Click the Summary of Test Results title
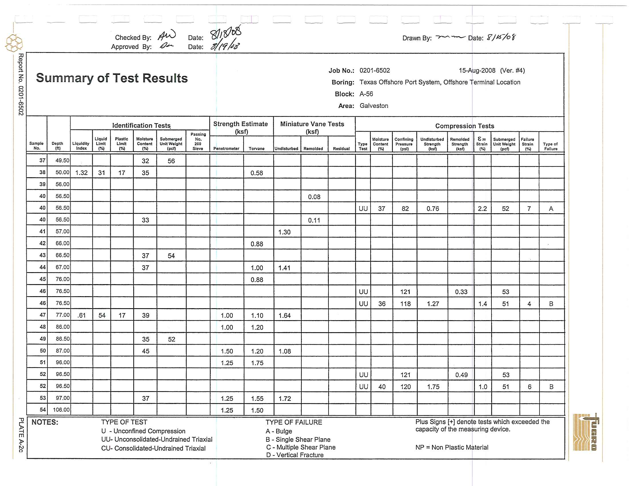click(112, 78)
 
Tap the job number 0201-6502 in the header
click(375, 71)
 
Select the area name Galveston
click(374, 106)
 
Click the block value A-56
click(366, 94)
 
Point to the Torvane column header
click(256, 149)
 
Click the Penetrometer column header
click(226, 149)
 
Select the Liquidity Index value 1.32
click(81, 173)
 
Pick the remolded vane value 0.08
click(314, 197)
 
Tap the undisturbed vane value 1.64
click(284, 316)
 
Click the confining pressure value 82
click(405, 209)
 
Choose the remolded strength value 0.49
click(461, 375)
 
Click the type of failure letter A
click(551, 209)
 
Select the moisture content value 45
click(146, 351)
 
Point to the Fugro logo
click(586, 432)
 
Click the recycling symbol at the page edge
click(14, 43)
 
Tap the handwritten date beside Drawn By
click(501, 37)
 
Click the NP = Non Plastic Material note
click(451, 447)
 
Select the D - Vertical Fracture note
click(294, 455)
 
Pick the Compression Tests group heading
click(464, 126)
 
